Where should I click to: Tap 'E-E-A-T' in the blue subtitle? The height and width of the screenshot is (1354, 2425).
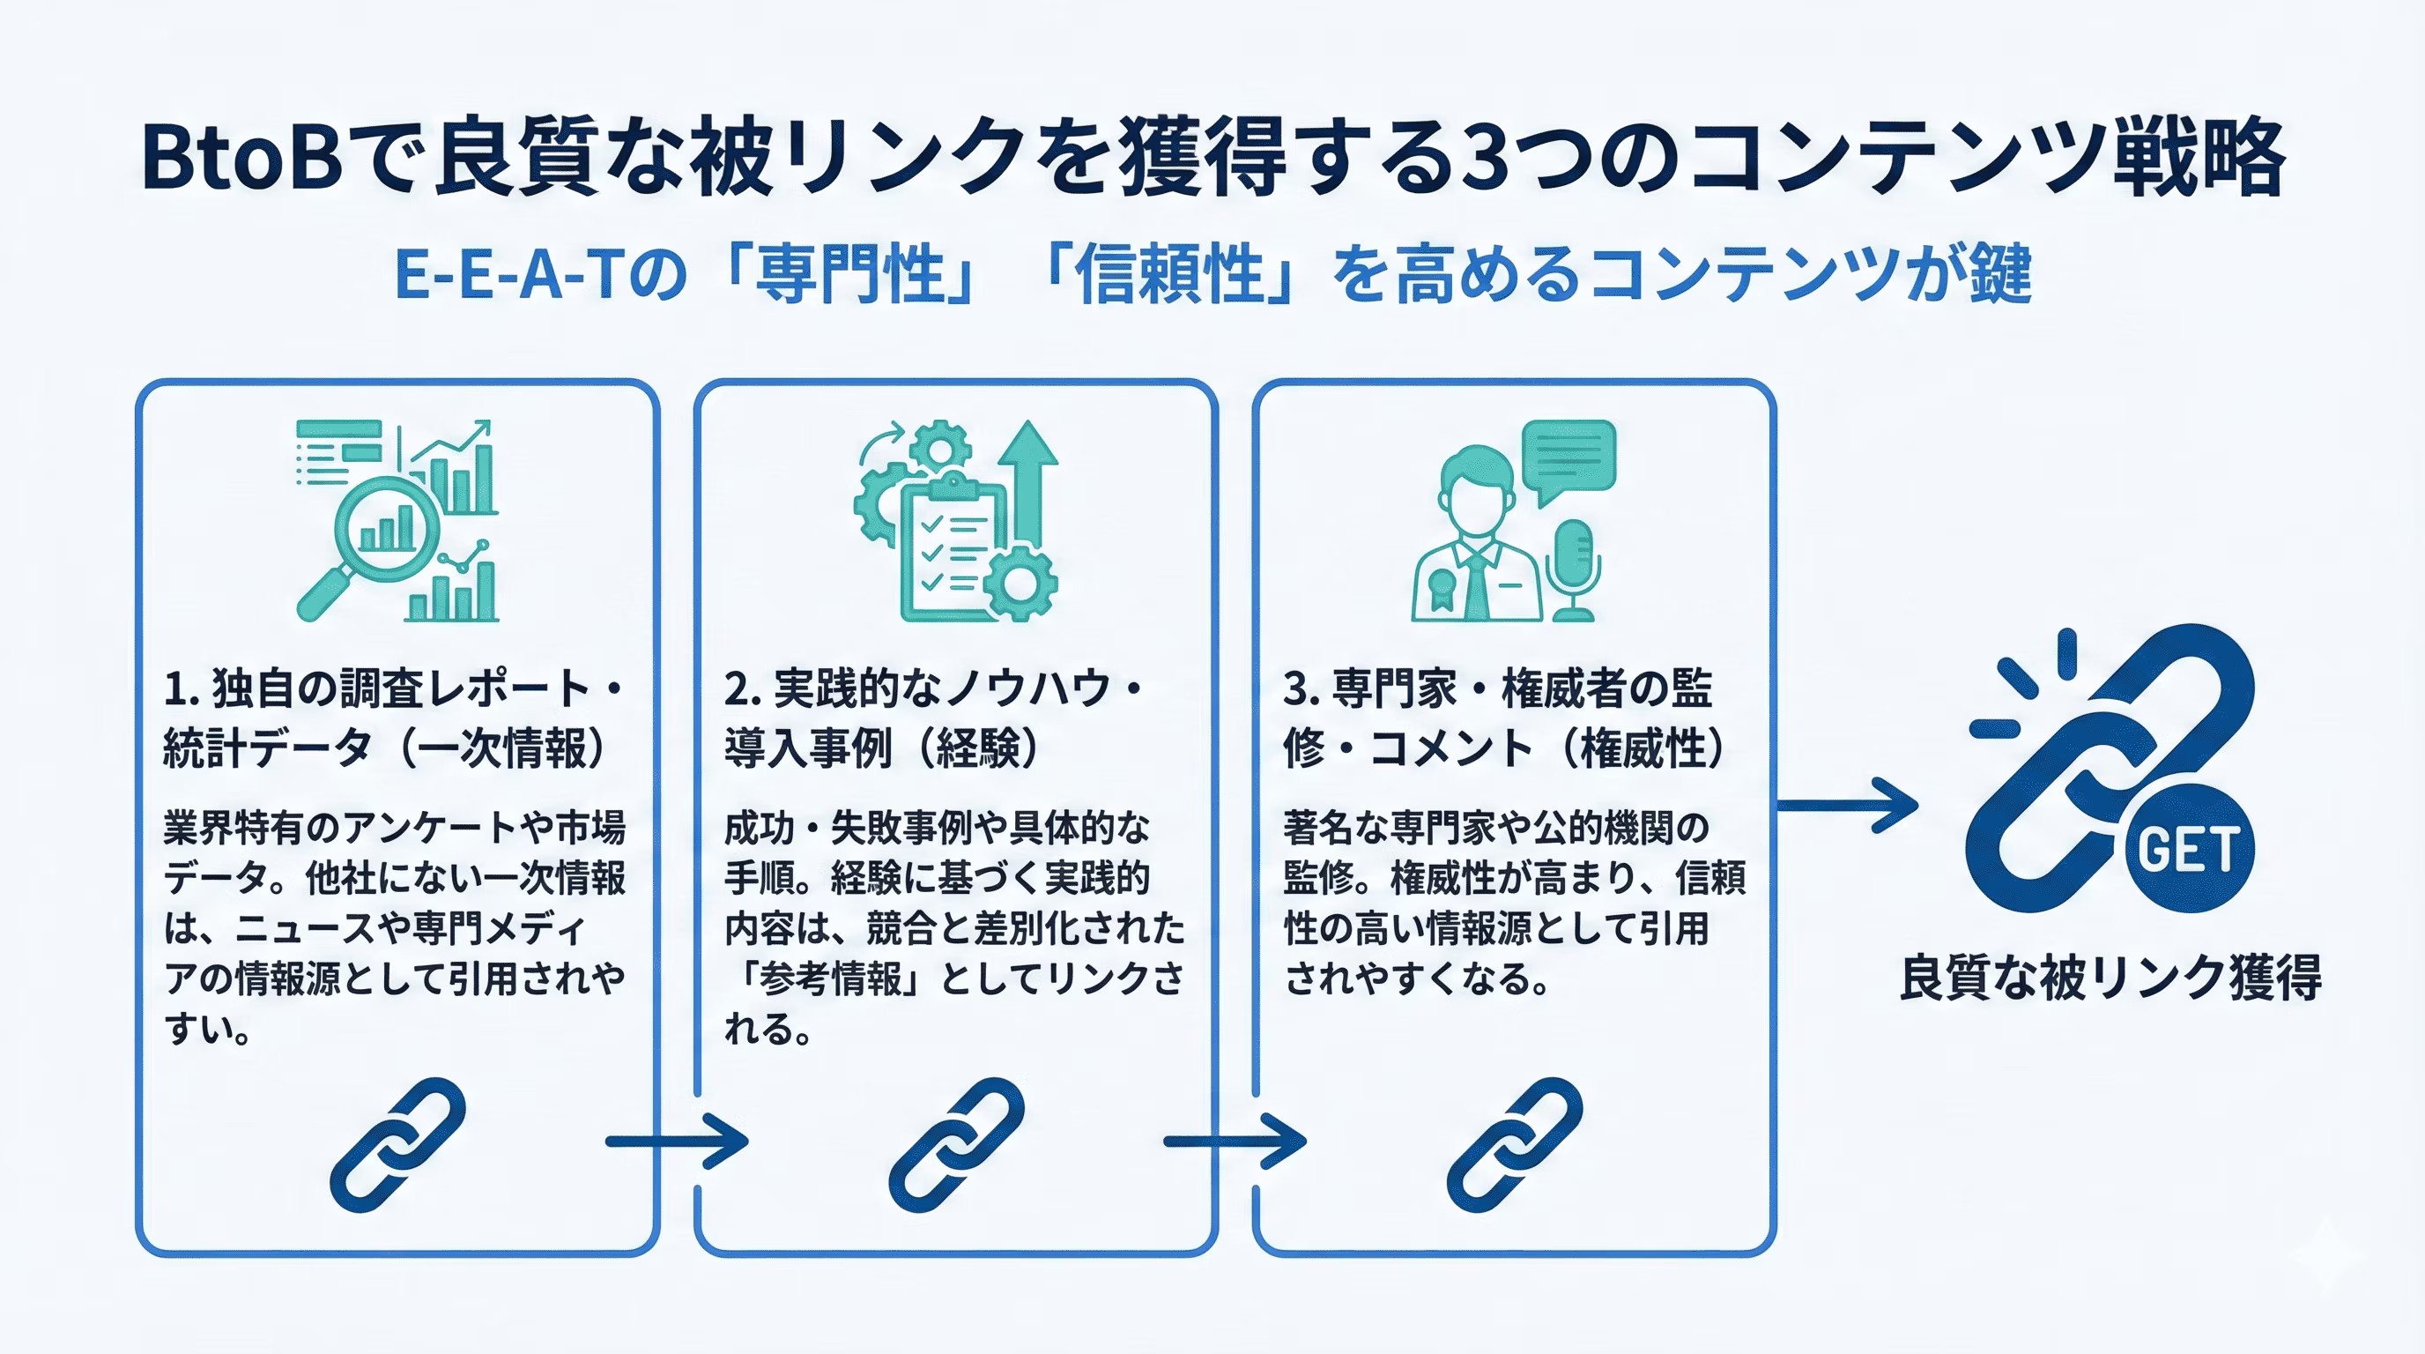point(509,274)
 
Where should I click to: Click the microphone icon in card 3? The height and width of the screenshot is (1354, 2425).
point(1573,569)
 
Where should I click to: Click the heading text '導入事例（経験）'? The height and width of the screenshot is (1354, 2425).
point(881,748)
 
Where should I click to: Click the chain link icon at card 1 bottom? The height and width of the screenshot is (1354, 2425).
point(397,1144)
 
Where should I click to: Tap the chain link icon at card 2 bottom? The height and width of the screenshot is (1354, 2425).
point(956,1144)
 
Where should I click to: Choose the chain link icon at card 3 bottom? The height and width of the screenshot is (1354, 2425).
point(1515,1144)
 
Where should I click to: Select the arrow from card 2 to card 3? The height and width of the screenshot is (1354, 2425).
point(1235,1142)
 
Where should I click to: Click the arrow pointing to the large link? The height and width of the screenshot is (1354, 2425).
point(1846,805)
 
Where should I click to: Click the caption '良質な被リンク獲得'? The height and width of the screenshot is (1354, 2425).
point(2110,978)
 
